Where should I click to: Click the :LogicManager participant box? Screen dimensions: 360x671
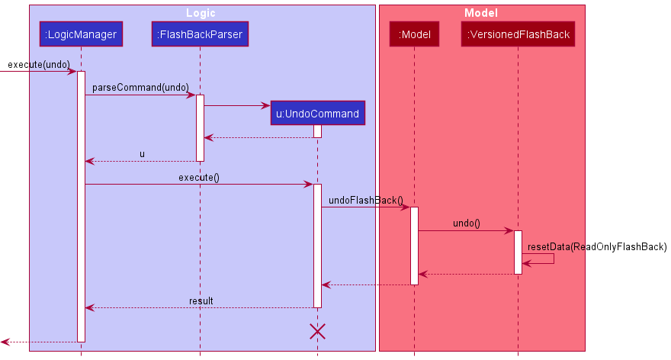click(x=81, y=34)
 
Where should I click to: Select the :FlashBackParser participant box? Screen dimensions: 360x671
click(x=200, y=34)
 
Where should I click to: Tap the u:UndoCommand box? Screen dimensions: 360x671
click(x=317, y=114)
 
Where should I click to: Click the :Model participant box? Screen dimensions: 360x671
click(x=414, y=34)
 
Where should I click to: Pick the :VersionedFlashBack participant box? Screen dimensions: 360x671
click(x=518, y=34)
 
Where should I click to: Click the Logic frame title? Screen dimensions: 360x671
click(x=201, y=13)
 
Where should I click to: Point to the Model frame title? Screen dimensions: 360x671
click(x=481, y=13)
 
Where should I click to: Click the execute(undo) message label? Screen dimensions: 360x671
click(x=38, y=64)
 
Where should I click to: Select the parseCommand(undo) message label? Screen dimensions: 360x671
click(x=140, y=88)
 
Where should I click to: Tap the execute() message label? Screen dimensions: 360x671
click(x=199, y=178)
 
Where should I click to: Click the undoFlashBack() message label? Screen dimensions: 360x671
click(x=366, y=201)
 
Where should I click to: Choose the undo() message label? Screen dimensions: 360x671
click(x=466, y=223)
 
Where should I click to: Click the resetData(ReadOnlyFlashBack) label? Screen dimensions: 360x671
click(x=597, y=246)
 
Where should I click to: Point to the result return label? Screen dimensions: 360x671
click(x=201, y=301)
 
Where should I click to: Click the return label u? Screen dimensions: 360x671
click(x=142, y=154)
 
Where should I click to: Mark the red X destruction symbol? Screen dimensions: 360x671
click(x=317, y=331)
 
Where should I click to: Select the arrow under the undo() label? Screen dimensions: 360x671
click(x=466, y=230)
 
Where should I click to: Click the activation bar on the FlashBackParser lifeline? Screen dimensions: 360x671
click(x=200, y=127)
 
